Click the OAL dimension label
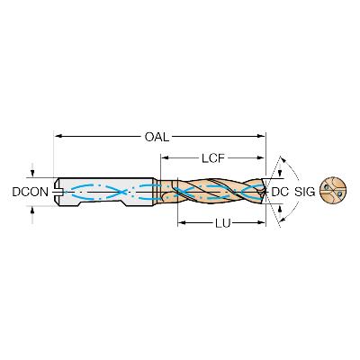click(157, 137)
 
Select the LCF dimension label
click(213, 158)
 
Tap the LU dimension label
click(222, 223)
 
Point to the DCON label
click(30, 192)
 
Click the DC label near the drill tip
click(280, 192)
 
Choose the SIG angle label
click(305, 192)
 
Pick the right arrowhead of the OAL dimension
click(262, 137)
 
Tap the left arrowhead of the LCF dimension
click(166, 158)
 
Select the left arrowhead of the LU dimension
click(182, 222)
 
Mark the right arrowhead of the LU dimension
click(262, 222)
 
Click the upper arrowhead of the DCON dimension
click(32, 174)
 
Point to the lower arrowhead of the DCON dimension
click(32, 210)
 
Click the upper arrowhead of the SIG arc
click(283, 159)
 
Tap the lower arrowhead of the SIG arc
click(283, 221)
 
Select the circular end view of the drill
click(333, 191)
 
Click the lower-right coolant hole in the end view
click(339, 194)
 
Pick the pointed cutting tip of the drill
click(265, 191)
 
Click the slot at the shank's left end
click(58, 191)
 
